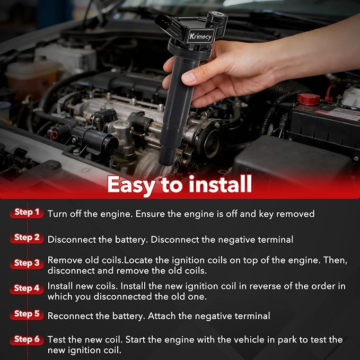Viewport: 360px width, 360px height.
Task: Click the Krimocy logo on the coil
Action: pos(201,36)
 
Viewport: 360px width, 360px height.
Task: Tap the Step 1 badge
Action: pos(27,213)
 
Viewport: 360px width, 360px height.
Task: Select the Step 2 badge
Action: pos(27,238)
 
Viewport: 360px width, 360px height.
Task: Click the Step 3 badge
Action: pos(27,263)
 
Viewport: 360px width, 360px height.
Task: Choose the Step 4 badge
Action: pos(27,288)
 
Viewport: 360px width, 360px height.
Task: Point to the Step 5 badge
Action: pos(27,314)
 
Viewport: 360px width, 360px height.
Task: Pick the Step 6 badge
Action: pos(27,339)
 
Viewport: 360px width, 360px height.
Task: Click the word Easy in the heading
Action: pos(132,186)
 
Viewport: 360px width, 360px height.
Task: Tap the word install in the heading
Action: pos(221,184)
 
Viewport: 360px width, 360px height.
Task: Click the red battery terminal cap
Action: pos(309,99)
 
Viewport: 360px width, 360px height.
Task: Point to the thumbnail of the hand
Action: pos(188,77)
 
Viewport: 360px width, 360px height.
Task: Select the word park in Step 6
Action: pos(287,340)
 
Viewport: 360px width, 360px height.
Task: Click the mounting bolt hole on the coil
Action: pos(217,14)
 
